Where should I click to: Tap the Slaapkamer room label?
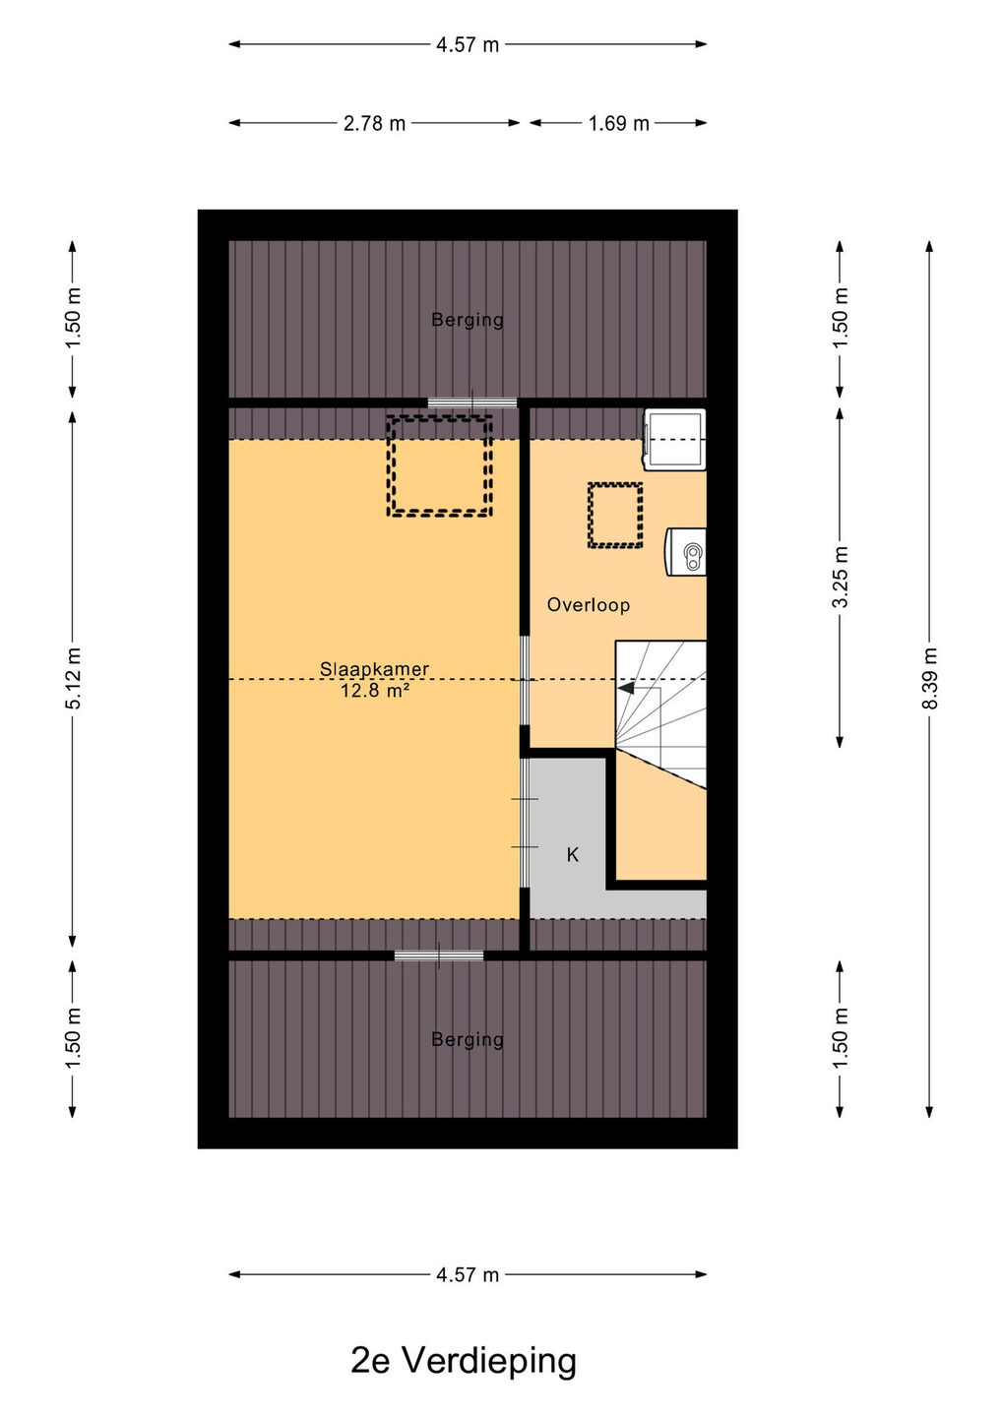(374, 669)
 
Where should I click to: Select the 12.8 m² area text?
(374, 690)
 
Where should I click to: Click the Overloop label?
(589, 605)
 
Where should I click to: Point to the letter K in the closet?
(573, 855)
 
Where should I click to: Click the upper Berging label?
(468, 320)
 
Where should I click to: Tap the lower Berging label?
(468, 1039)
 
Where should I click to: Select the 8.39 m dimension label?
(930, 679)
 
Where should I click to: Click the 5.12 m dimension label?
(73, 677)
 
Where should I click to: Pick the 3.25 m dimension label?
(840, 577)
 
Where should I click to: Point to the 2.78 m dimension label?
(374, 123)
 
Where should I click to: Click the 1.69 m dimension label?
(619, 123)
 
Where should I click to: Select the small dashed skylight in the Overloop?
(589, 515)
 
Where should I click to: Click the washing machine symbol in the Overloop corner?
(674, 439)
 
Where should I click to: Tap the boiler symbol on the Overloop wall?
(685, 552)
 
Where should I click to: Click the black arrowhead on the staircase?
(626, 688)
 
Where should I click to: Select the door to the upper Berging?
(471, 402)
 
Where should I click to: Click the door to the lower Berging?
(439, 955)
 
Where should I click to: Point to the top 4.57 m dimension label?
(468, 45)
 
